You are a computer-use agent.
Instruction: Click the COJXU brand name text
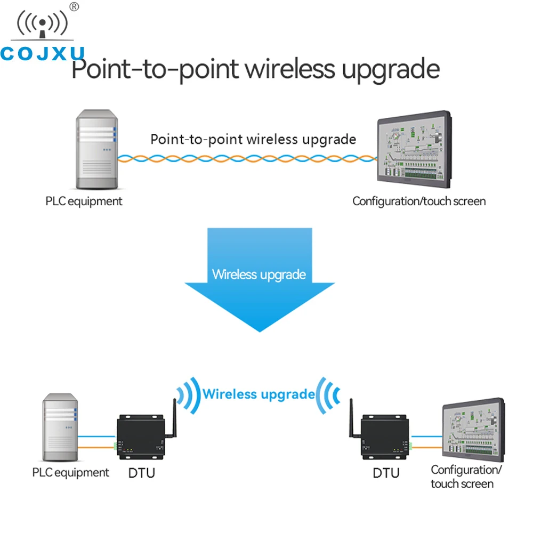click(x=43, y=54)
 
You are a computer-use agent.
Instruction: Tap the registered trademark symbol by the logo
click(x=75, y=6)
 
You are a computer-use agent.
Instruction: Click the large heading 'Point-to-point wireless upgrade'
click(x=256, y=70)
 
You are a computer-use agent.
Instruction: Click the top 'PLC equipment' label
click(x=84, y=201)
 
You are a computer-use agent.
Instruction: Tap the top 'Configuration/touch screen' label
click(x=419, y=201)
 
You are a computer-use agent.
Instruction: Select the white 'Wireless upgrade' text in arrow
click(x=259, y=275)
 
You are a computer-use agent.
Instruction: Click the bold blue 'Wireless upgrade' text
click(x=259, y=394)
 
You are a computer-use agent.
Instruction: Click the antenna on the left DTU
click(x=174, y=421)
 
